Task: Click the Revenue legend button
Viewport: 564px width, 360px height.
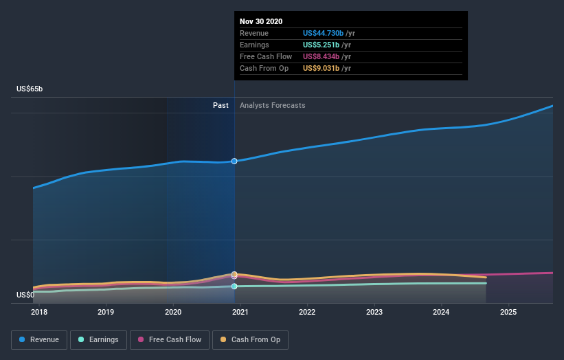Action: click(39, 339)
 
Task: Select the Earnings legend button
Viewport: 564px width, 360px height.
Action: click(98, 339)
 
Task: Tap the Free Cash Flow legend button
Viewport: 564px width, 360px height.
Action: click(170, 339)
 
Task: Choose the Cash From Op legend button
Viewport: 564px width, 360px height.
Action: click(251, 339)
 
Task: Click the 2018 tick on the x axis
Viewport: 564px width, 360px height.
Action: click(39, 312)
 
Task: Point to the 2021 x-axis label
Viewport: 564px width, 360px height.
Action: click(240, 312)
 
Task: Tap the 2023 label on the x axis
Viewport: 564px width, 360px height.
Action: click(374, 312)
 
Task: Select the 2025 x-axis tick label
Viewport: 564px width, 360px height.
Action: click(508, 312)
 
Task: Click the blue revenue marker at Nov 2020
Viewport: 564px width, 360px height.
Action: click(234, 161)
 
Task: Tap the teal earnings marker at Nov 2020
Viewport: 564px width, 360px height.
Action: click(234, 286)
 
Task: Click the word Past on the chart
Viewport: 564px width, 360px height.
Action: click(221, 105)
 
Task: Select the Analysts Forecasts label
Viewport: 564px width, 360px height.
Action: click(272, 105)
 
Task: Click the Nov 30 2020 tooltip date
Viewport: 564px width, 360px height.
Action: click(261, 22)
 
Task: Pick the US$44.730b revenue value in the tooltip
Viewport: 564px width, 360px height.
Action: click(327, 33)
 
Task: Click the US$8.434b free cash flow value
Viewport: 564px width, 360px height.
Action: click(324, 56)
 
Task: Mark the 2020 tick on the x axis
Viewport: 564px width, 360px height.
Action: click(173, 312)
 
